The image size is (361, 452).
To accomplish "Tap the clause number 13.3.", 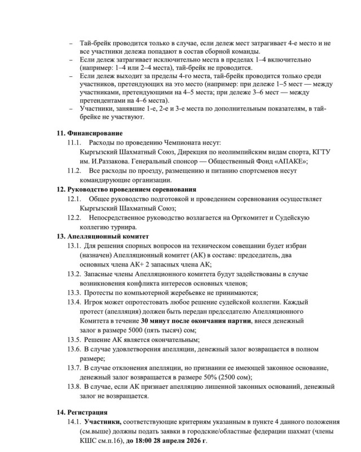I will coord(74,293).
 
